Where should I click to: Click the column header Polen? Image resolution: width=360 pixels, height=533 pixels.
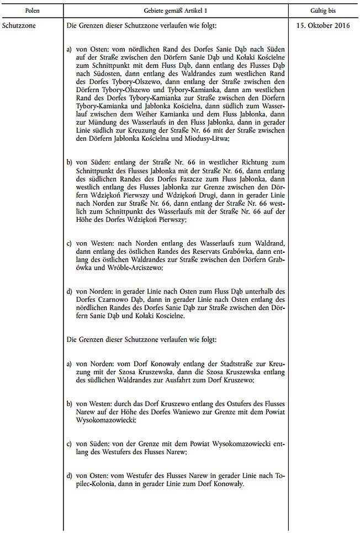tap(31, 10)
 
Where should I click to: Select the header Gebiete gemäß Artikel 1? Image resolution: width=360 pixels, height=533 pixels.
tap(175, 10)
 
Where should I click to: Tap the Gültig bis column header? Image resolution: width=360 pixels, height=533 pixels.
tap(323, 10)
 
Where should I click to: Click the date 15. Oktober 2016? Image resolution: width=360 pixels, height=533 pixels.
tap(323, 25)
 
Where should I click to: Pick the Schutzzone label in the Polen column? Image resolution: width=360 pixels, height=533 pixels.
tap(19, 25)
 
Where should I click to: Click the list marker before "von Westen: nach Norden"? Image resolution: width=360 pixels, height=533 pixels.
tap(70, 243)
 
